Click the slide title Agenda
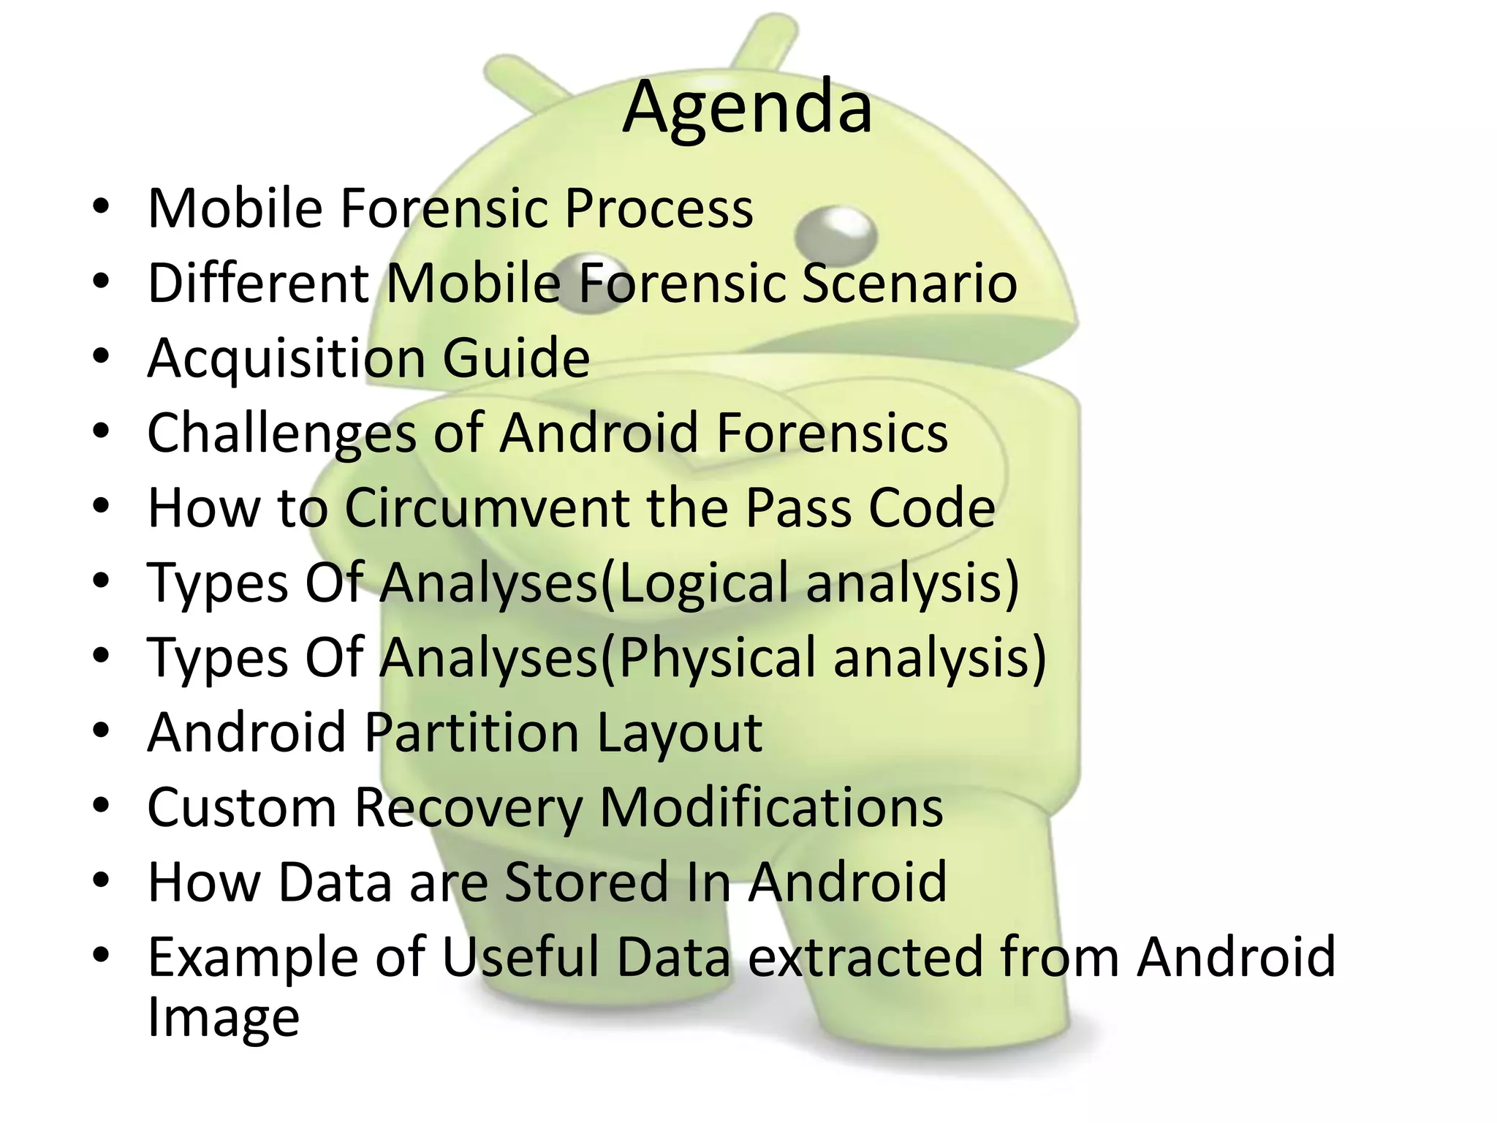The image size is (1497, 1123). pyautogui.click(x=747, y=107)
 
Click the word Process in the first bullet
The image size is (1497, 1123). pyautogui.click(x=659, y=208)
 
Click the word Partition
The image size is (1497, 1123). pyautogui.click(x=472, y=732)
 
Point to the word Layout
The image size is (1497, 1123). pyautogui.click(x=680, y=733)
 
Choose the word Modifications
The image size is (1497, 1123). pyautogui.click(x=771, y=807)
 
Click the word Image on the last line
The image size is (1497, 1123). pyautogui.click(x=224, y=1018)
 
